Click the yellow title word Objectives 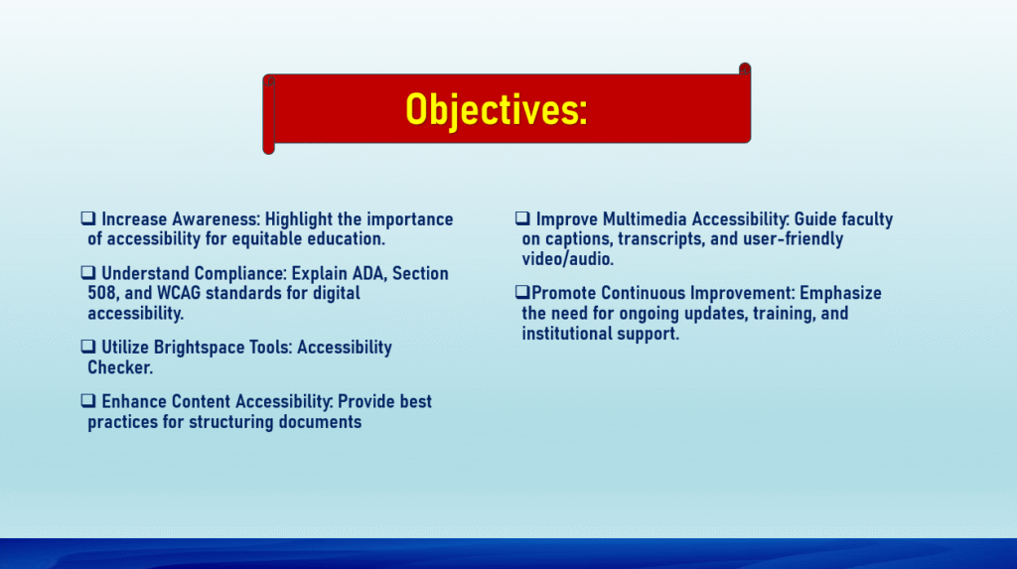497,109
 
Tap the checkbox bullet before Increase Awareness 88,218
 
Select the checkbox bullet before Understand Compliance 88,272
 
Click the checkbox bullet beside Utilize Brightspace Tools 88,347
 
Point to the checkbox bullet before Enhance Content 88,401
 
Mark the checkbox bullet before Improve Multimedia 522,218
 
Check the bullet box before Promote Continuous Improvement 522,292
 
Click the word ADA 367,273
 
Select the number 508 102,293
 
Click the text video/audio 567,259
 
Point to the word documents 321,422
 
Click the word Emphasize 840,293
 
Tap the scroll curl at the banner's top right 745,69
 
